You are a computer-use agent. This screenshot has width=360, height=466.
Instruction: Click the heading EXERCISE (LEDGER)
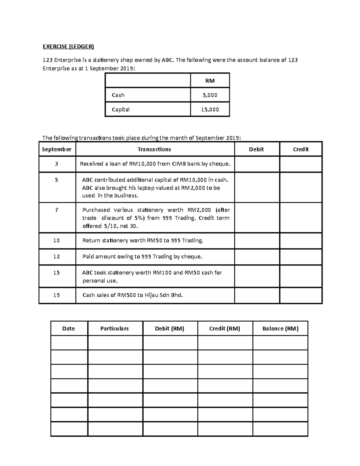click(x=68, y=46)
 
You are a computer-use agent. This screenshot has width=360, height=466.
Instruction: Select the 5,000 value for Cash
click(x=210, y=95)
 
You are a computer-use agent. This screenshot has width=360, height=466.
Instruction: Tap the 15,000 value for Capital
click(x=210, y=110)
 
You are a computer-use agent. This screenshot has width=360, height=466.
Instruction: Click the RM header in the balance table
click(x=210, y=80)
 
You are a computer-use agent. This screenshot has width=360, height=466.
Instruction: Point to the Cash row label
click(x=118, y=95)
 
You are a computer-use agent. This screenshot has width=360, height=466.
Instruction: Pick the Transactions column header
click(x=154, y=149)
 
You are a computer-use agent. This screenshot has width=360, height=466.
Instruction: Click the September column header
click(x=56, y=149)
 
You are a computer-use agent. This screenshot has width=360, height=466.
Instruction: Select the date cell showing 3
click(x=56, y=164)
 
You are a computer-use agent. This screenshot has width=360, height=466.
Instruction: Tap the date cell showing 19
click(x=56, y=295)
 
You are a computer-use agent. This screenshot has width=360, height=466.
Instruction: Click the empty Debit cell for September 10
click(x=257, y=241)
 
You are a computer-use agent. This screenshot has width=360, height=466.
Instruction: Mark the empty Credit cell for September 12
click(x=301, y=257)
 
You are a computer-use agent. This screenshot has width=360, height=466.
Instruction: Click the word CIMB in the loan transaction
click(x=179, y=164)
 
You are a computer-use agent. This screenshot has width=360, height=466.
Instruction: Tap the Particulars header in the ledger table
click(x=114, y=329)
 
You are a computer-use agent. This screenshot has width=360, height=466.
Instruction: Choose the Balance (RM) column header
click(x=280, y=329)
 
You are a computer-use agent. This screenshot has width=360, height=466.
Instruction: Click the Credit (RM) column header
click(x=225, y=329)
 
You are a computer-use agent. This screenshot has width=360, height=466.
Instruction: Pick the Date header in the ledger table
click(x=68, y=329)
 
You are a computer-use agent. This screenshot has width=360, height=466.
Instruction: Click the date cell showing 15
click(x=56, y=273)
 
